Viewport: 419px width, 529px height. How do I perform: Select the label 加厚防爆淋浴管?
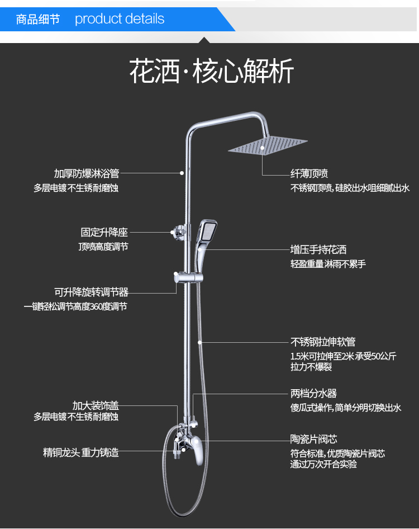click(x=87, y=174)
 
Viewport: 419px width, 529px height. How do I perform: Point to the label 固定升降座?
click(x=104, y=232)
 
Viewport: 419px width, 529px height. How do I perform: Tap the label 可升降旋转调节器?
click(x=91, y=292)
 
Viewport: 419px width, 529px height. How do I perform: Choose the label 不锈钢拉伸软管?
click(x=322, y=342)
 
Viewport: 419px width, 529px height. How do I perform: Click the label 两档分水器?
click(x=313, y=394)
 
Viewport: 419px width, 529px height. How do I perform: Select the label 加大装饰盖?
click(x=96, y=405)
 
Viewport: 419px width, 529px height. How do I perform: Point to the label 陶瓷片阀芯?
click(x=313, y=440)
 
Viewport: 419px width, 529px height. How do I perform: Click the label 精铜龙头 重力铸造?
click(x=81, y=452)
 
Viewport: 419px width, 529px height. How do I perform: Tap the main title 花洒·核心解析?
click(x=211, y=72)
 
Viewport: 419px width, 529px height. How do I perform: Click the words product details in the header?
click(x=120, y=19)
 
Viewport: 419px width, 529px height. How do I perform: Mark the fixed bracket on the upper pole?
click(x=178, y=230)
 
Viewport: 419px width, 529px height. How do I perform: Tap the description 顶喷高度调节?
click(x=103, y=247)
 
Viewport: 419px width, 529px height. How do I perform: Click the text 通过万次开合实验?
click(x=323, y=464)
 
